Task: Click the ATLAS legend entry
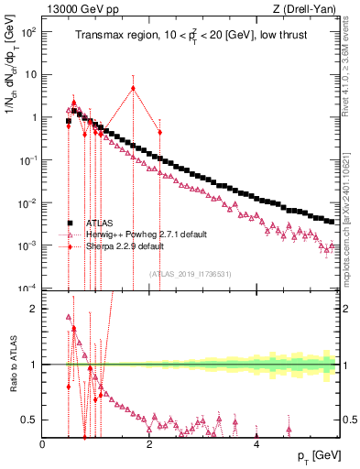[98, 223]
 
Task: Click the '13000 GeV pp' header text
[78, 9]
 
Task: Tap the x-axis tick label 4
[256, 445]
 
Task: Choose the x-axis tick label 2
[149, 445]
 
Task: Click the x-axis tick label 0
[43, 445]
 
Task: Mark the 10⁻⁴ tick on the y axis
[27, 288]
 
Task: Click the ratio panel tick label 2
[33, 309]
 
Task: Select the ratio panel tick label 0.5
[29, 420]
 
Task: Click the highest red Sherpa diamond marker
[133, 89]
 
